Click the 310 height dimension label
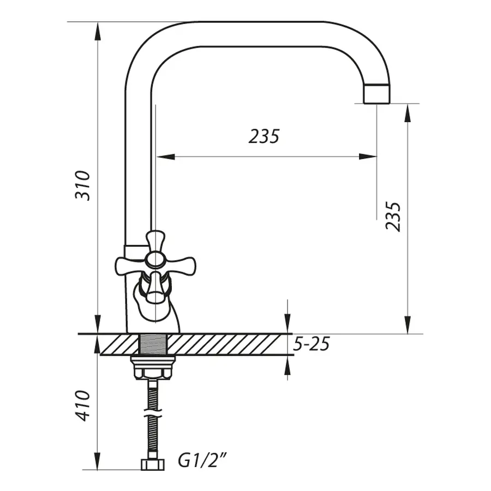coord(82,185)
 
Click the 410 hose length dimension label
coord(83,405)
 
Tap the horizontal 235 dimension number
coord(264,136)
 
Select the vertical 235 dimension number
coord(393,216)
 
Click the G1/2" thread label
coord(202,460)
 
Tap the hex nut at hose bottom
coord(153,464)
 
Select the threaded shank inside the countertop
coord(153,344)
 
